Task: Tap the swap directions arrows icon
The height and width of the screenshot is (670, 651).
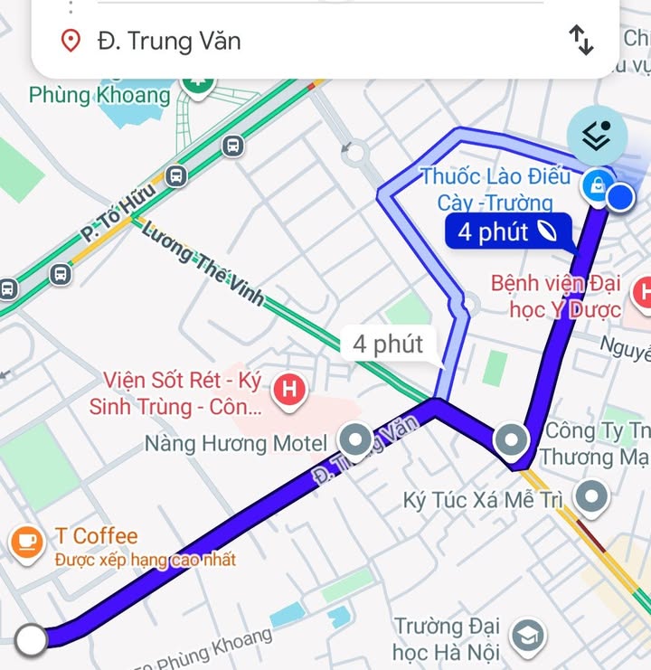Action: [x=580, y=40]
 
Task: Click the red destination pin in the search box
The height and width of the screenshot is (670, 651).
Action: [x=71, y=41]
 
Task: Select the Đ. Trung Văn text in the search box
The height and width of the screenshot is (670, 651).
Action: [x=169, y=41]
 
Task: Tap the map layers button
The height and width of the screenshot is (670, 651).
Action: [x=596, y=136]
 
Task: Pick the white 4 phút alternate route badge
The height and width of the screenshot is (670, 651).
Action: [x=388, y=344]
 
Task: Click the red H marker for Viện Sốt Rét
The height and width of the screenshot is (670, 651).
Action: [x=289, y=391]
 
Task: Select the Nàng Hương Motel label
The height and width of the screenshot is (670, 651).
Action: [x=236, y=443]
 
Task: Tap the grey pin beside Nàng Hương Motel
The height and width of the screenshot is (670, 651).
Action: [x=354, y=440]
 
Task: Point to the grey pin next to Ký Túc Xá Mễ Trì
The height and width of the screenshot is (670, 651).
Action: [x=592, y=495]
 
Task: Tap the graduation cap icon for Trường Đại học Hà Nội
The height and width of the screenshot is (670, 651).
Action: [x=526, y=637]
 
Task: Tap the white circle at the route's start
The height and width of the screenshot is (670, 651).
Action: [x=32, y=640]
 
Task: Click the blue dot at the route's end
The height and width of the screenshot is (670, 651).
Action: [x=620, y=197]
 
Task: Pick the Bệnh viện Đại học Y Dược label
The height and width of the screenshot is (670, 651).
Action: [x=555, y=297]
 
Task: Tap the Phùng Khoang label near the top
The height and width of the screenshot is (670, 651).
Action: [x=99, y=95]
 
